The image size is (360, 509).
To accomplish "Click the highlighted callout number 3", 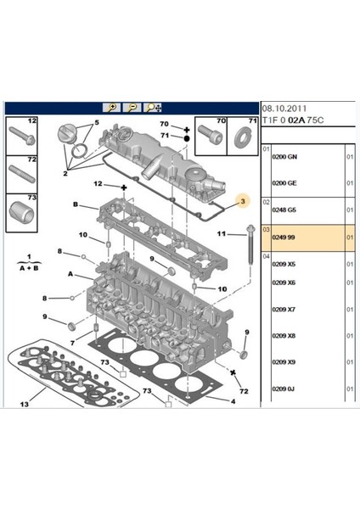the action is (243, 202).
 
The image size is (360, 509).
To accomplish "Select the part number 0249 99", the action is (284, 238).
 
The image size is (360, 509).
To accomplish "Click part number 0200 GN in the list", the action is (284, 157).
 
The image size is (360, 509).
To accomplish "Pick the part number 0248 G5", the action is (284, 210).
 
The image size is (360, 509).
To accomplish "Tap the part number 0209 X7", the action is (284, 310).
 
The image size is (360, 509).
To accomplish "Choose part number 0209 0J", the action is (284, 389).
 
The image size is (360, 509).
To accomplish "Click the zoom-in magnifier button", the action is (111, 108).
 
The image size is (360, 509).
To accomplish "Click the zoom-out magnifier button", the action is (132, 108).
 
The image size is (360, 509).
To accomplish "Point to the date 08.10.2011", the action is (284, 109).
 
